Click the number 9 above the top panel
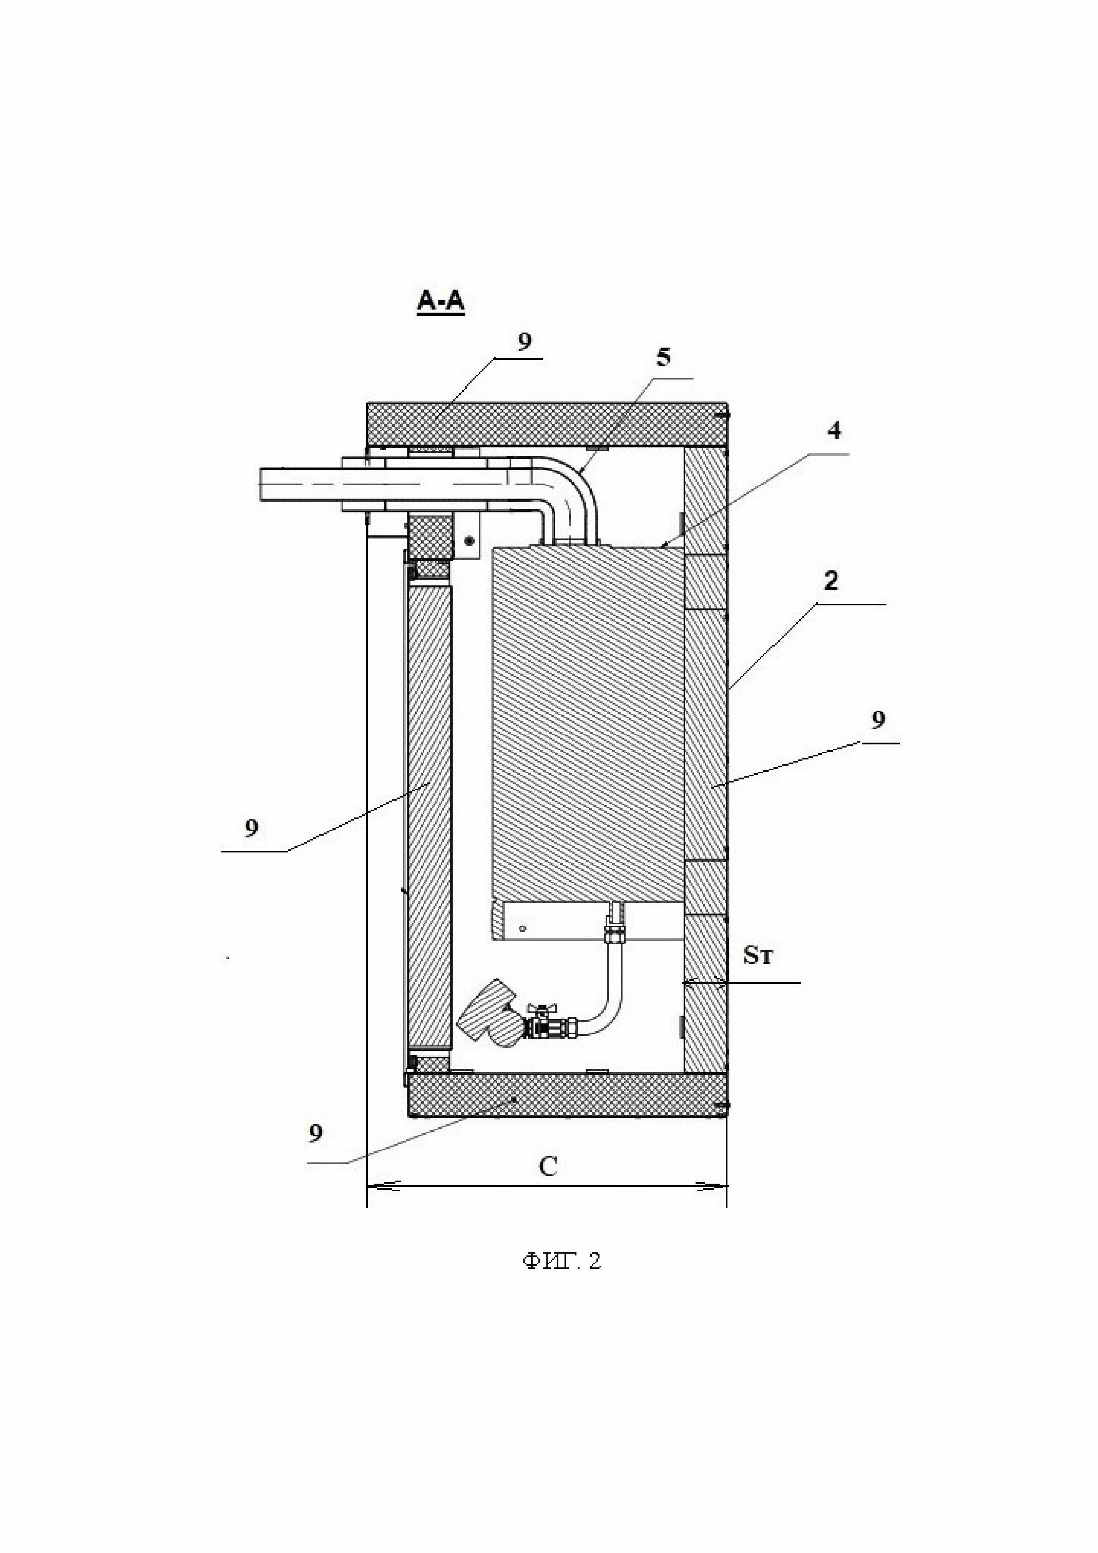[525, 341]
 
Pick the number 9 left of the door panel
[251, 828]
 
